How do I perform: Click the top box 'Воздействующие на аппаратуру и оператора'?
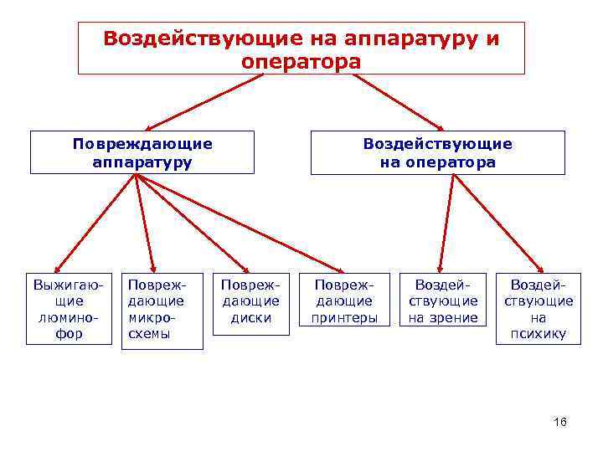[x=301, y=49]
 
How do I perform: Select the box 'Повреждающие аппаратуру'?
[x=142, y=152]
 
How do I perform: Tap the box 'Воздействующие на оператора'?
[x=437, y=152]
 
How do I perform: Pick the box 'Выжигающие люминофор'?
[x=69, y=307]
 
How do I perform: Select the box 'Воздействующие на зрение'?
[x=443, y=300]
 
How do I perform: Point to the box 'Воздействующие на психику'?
[x=539, y=307]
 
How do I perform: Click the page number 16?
[x=560, y=422]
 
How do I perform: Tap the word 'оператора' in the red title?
[x=301, y=62]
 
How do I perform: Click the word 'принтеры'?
[x=345, y=317]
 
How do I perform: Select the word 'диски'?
[x=250, y=317]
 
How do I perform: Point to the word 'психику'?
[x=539, y=334]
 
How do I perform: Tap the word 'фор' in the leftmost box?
[x=69, y=334]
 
